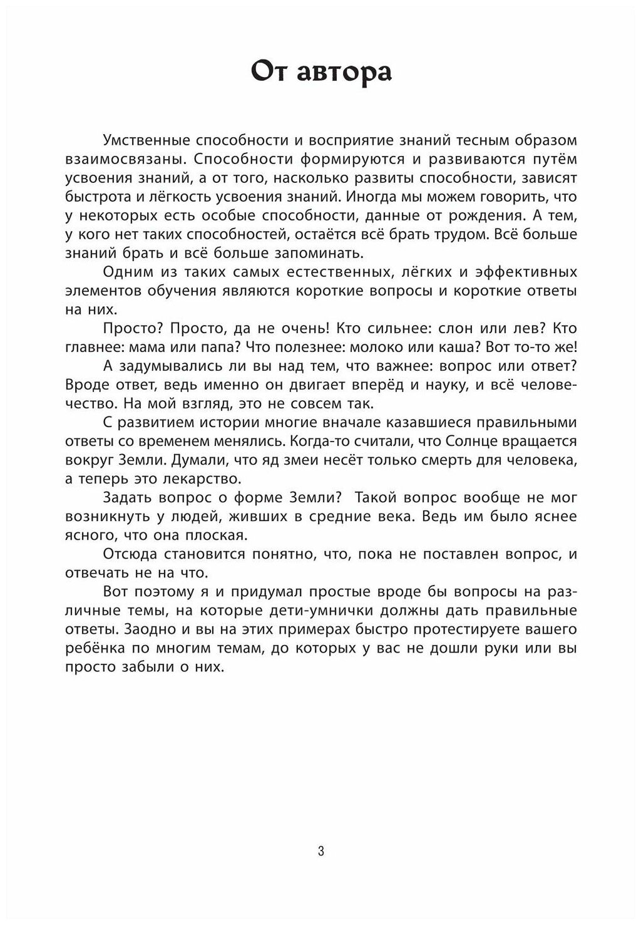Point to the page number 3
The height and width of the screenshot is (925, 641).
point(321,850)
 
